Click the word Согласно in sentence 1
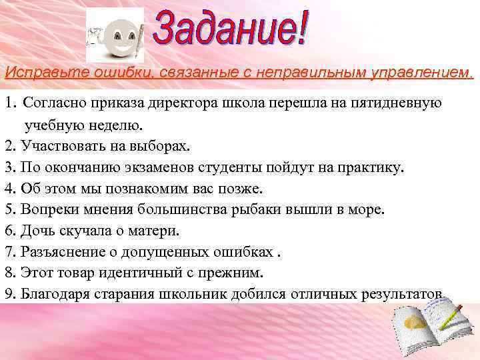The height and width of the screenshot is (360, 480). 53,105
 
